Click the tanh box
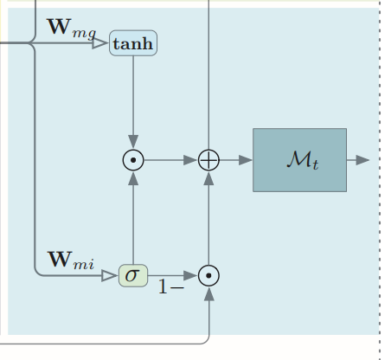click(133, 43)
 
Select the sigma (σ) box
click(133, 275)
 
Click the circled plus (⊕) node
click(209, 160)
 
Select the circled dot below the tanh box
click(133, 160)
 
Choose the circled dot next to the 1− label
click(209, 275)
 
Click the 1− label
click(170, 286)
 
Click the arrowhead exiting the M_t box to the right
click(362, 160)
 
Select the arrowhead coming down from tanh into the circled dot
click(133, 142)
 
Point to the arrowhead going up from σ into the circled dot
click(133, 178)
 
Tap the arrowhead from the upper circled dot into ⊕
click(191, 160)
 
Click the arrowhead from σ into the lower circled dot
click(191, 275)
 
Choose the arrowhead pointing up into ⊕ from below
click(209, 178)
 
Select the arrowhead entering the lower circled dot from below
click(209, 293)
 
